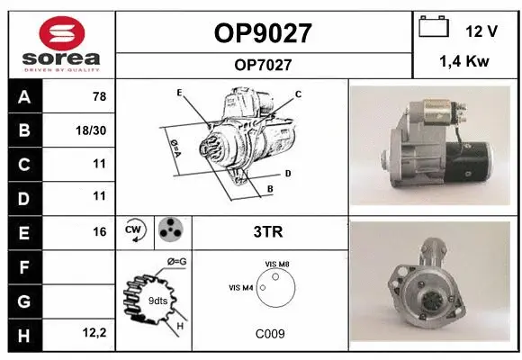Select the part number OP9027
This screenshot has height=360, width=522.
coord(263,33)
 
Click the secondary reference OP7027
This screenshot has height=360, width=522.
coord(263,64)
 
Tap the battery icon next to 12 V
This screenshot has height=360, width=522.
coord(434,29)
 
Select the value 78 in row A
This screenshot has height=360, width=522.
coord(99,97)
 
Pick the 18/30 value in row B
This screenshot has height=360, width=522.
coord(93,130)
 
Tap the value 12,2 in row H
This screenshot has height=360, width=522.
coord(94,333)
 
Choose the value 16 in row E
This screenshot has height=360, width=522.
coord(99,231)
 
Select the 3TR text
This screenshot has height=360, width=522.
coord(269,231)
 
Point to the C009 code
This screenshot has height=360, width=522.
coord(270,334)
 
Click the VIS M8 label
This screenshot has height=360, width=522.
coord(278,263)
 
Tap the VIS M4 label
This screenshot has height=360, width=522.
coord(241,288)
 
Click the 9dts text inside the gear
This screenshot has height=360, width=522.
coord(157,300)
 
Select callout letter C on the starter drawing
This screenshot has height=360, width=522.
coord(298,94)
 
